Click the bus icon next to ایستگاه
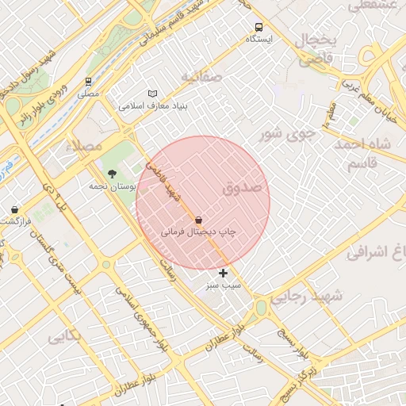point(259,27)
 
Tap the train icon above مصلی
point(88,81)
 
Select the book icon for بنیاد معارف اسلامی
point(153,93)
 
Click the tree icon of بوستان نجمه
point(111,173)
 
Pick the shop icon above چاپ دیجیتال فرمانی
point(198,220)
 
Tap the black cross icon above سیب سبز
point(224,273)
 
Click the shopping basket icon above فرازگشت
point(15,209)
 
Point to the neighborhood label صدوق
point(242,188)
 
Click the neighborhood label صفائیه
point(199,77)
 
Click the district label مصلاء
point(86,146)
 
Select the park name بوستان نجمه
point(113,186)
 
